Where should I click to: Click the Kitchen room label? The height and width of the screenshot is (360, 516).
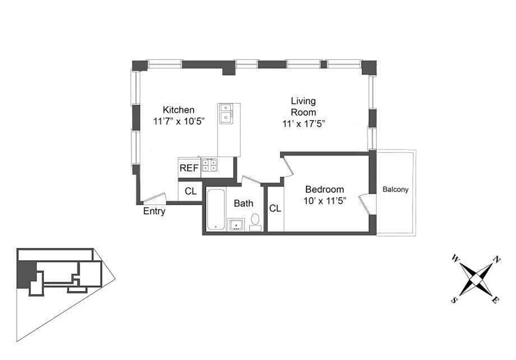[178, 110]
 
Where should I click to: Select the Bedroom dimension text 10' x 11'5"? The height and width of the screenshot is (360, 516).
[324, 201]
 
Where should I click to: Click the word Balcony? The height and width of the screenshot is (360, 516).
[395, 189]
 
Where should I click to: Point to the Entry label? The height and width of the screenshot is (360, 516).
[154, 211]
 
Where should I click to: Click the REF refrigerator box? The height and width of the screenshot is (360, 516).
[189, 168]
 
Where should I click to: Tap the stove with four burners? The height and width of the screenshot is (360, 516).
[209, 165]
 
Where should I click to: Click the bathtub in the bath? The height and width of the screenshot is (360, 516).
[216, 210]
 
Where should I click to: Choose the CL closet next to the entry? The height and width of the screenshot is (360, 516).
[190, 191]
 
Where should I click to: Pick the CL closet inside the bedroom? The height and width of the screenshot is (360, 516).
[275, 208]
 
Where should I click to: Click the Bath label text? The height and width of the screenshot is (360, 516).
[243, 203]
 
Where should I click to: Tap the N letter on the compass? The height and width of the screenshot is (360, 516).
[497, 259]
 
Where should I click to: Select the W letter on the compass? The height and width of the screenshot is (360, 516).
[456, 258]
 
